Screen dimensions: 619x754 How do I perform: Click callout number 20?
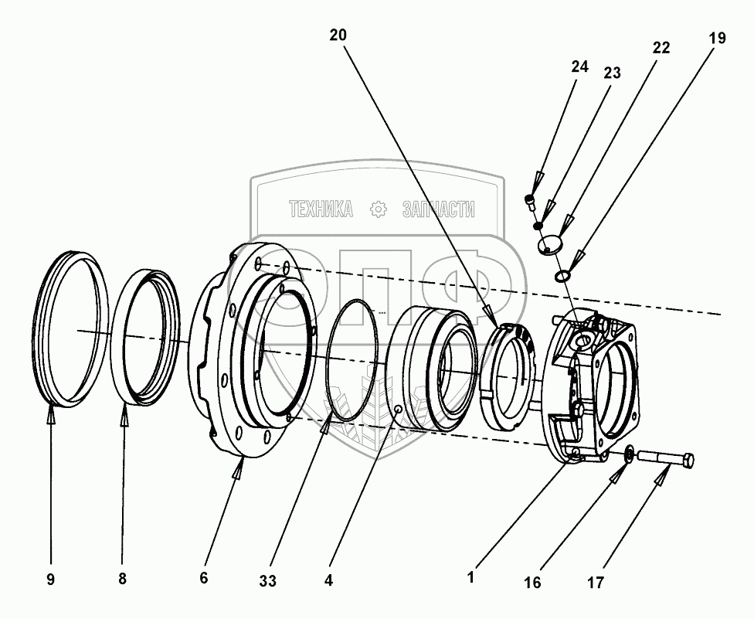click(x=338, y=35)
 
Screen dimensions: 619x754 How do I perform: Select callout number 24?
click(x=579, y=67)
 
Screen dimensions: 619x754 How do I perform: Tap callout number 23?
click(x=612, y=73)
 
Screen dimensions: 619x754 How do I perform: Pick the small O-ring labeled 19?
click(x=563, y=275)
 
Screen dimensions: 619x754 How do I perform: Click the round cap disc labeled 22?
click(x=550, y=247)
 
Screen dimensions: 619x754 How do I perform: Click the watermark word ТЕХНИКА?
click(x=321, y=209)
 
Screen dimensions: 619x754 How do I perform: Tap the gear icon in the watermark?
click(x=378, y=209)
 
